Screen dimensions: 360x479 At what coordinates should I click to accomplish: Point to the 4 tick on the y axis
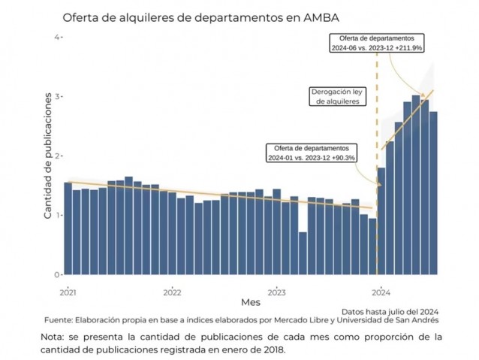pyautogui.click(x=56, y=37)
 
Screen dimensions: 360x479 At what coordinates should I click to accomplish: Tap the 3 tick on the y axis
pyautogui.click(x=56, y=96)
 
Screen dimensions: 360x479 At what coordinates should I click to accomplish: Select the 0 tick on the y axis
pyautogui.click(x=56, y=274)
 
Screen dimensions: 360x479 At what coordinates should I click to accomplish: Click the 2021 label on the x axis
pyautogui.click(x=68, y=292)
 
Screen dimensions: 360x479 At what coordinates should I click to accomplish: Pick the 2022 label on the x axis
pyautogui.click(x=172, y=292)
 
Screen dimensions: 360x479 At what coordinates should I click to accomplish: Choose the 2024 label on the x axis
pyautogui.click(x=381, y=292)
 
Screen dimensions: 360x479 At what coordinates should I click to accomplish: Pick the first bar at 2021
pyautogui.click(x=68, y=228)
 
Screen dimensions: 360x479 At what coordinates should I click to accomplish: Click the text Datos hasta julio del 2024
pyautogui.click(x=390, y=310)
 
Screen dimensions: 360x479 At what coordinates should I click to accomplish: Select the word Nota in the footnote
pyautogui.click(x=55, y=336)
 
